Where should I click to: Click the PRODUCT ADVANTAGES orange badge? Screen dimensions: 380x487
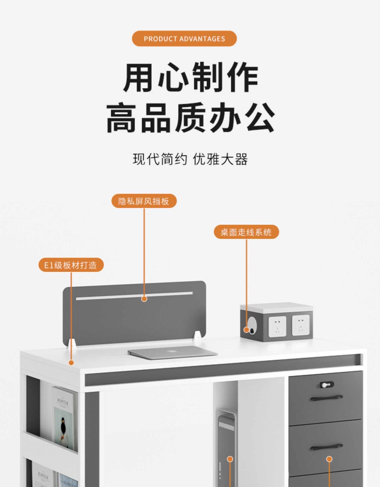pyautogui.click(x=184, y=39)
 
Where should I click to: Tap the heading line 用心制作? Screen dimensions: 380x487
pyautogui.click(x=191, y=77)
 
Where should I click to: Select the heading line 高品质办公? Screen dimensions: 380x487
pyautogui.click(x=191, y=118)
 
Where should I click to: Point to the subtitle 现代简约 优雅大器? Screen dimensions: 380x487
pyautogui.click(x=190, y=159)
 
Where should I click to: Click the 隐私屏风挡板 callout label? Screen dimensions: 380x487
pyautogui.click(x=144, y=201)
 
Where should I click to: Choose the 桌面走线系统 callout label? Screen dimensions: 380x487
pyautogui.click(x=246, y=232)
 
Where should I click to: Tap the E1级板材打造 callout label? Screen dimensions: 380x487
pyautogui.click(x=71, y=265)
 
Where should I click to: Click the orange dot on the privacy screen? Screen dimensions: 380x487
pyautogui.click(x=144, y=299)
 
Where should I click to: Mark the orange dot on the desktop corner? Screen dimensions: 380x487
pyautogui.click(x=71, y=363)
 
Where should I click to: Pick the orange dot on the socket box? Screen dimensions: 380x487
pyautogui.click(x=246, y=330)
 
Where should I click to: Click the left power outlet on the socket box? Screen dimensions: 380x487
pyautogui.click(x=277, y=326)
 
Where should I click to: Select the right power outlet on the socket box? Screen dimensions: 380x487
pyautogui.click(x=300, y=325)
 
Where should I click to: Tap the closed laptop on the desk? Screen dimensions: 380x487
pyautogui.click(x=173, y=352)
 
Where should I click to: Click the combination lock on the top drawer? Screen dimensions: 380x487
pyautogui.click(x=327, y=385)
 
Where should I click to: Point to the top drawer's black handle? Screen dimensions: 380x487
pyautogui.click(x=327, y=398)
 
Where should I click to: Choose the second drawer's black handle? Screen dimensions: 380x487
pyautogui.click(x=327, y=447)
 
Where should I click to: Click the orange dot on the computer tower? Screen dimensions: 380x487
pyautogui.click(x=230, y=459)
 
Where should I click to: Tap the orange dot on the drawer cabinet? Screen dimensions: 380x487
pyautogui.click(x=329, y=459)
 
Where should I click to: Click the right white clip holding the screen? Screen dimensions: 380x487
pyautogui.click(x=198, y=335)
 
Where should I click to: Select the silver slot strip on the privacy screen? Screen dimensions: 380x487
pyautogui.click(x=134, y=296)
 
